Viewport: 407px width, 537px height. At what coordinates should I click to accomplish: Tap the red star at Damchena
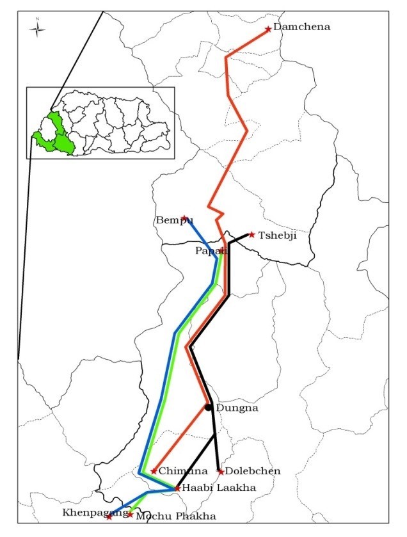pos(268,29)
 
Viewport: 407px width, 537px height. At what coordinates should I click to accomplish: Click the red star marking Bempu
pos(184,218)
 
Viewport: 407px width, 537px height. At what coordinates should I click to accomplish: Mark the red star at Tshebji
pos(252,235)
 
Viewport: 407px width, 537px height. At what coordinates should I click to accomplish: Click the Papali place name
pos(211,251)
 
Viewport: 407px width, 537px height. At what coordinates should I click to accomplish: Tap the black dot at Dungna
pos(209,407)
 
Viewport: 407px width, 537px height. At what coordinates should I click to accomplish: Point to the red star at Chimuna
pos(154,471)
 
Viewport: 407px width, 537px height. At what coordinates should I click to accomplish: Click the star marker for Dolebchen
pos(221,472)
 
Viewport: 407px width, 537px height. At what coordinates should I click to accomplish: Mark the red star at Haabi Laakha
pos(177,488)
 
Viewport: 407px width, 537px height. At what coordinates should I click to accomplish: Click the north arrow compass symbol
pos(38,28)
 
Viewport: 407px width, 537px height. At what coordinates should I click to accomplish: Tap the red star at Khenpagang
pos(109,517)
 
